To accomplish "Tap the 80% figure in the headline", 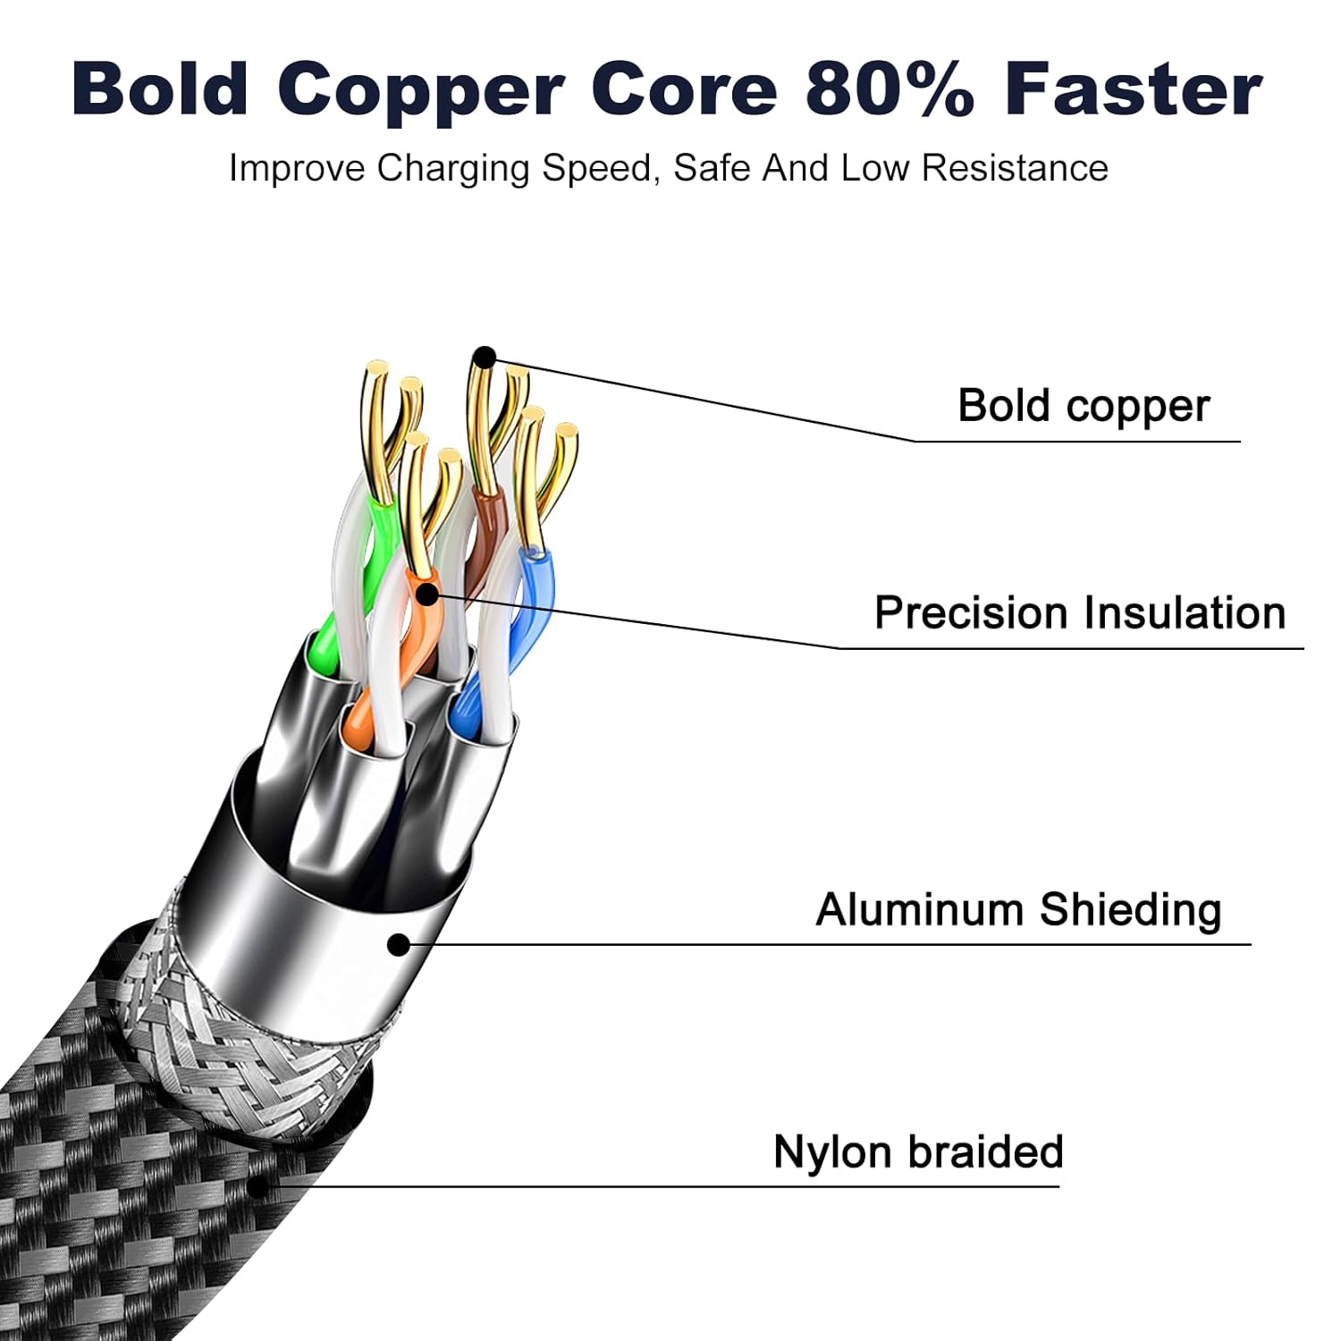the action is (890, 89).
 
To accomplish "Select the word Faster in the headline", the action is (1134, 89).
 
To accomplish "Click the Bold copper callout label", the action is (1084, 407).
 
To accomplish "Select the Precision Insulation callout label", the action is (1080, 613).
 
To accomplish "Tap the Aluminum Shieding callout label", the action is (1018, 911).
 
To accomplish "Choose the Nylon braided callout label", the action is (918, 1152).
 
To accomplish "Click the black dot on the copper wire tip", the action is (485, 358).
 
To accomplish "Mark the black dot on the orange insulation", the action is (429, 593).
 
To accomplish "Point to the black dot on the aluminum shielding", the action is (399, 944).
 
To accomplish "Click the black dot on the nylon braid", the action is (257, 1187).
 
